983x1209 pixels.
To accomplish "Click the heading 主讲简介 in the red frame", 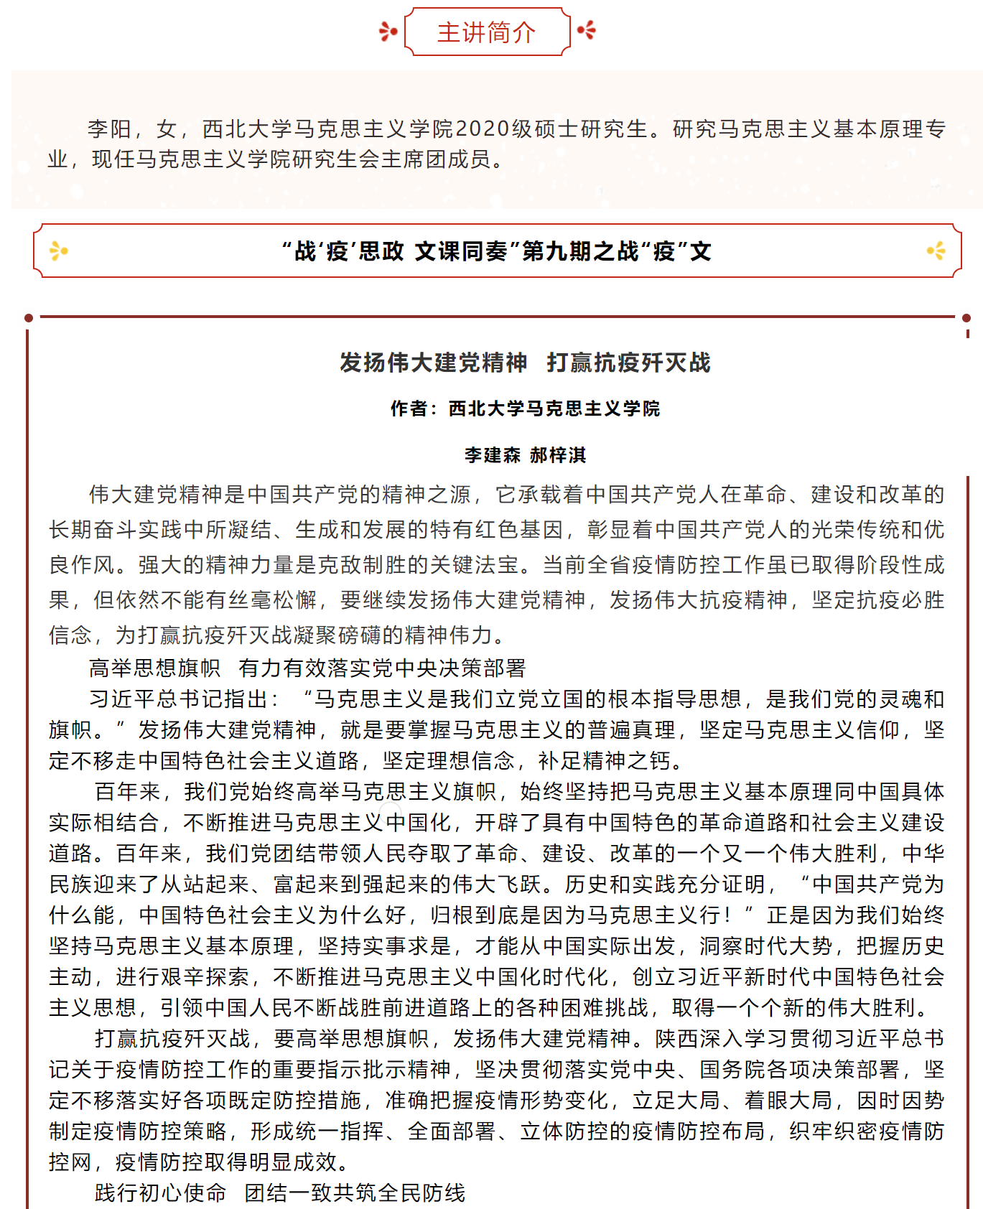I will tap(487, 32).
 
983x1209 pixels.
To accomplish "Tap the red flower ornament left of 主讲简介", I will tap(388, 32).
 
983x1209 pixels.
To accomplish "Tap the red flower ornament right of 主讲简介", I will tap(587, 30).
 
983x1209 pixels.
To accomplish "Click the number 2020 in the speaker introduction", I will tap(483, 129).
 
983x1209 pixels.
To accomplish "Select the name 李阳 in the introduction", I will tap(109, 129).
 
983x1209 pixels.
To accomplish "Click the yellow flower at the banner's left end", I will tap(59, 251).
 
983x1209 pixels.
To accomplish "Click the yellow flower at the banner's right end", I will tap(936, 251).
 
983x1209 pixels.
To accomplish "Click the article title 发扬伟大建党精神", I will tap(434, 363).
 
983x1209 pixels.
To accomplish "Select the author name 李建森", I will tap(493, 455).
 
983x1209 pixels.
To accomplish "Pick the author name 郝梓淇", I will tap(558, 455).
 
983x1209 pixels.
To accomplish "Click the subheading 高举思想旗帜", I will tap(154, 668).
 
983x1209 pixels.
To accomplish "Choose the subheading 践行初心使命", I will tap(160, 1193).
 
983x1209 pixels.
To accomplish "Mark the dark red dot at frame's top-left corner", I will tap(29, 317).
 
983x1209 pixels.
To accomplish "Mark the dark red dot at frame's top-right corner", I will tap(966, 317).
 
